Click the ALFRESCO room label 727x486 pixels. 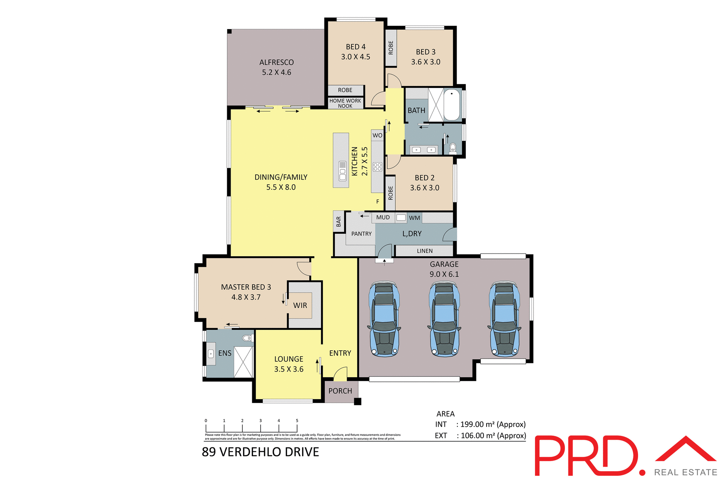pyautogui.click(x=276, y=63)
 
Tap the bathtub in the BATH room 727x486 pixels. pyautogui.click(x=451, y=105)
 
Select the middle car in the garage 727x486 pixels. pyautogui.click(x=444, y=319)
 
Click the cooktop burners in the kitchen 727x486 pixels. pyautogui.click(x=377, y=167)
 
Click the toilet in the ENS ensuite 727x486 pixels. pyautogui.click(x=247, y=337)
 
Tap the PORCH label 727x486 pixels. pyautogui.click(x=340, y=391)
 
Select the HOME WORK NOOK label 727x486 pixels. pyautogui.click(x=345, y=103)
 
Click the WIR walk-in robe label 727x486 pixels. pyautogui.click(x=300, y=306)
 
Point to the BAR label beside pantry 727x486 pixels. pyautogui.click(x=339, y=221)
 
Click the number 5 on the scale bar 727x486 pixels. pyautogui.click(x=297, y=420)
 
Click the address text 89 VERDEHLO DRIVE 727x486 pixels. pyautogui.click(x=261, y=452)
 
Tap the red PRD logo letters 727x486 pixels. pyautogui.click(x=587, y=456)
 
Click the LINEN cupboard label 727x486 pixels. pyautogui.click(x=424, y=251)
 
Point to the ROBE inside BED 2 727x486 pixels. pyautogui.click(x=390, y=193)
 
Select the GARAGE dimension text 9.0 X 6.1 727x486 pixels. pyautogui.click(x=444, y=274)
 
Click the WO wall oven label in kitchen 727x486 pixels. pyautogui.click(x=377, y=135)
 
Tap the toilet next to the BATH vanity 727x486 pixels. pyautogui.click(x=452, y=147)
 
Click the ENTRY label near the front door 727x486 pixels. pyautogui.click(x=340, y=353)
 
